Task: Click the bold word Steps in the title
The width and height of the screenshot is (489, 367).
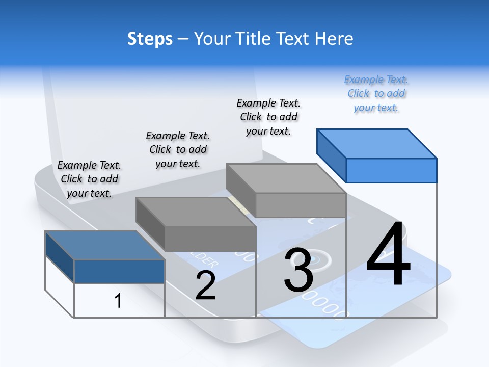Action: [150, 39]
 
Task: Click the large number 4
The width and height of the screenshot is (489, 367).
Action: [388, 255]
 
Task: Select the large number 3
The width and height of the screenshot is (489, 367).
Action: [298, 270]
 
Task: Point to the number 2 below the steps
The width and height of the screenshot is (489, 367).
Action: [205, 286]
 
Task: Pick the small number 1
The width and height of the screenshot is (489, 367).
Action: [118, 301]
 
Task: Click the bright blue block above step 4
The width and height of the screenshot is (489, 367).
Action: [391, 170]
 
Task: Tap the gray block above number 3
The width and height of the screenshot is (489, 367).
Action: [301, 205]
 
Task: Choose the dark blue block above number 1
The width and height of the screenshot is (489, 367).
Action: [119, 271]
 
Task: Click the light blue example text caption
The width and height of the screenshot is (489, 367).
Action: [376, 93]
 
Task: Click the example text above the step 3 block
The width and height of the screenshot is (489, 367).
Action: [268, 117]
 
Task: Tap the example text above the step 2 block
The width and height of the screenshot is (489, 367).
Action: [178, 149]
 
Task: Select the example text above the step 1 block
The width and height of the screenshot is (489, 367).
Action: [89, 179]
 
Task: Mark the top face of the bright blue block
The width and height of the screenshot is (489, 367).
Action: [377, 143]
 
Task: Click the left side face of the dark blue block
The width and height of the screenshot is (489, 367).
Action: [60, 257]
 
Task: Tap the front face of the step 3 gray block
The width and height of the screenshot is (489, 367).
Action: [301, 205]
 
